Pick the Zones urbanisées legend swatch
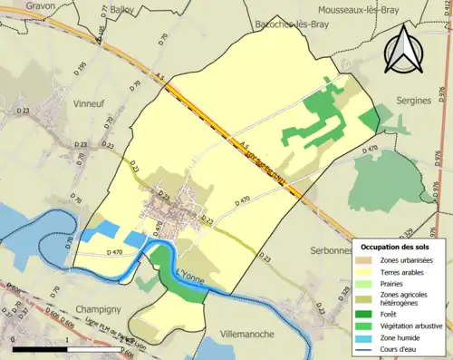click(367, 260)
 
